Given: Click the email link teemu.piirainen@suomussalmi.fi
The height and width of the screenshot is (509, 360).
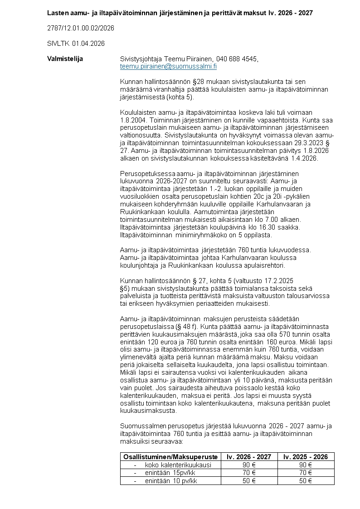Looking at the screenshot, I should pos(168,66).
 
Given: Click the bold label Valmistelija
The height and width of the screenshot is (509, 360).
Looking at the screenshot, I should pos(65,59).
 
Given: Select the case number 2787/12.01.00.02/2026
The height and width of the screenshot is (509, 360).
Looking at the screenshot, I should pos(80,28).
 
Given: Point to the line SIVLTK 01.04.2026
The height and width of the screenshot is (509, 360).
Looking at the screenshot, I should pos(76,44).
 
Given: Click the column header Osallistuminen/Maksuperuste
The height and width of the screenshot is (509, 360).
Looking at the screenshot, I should pos(170,457).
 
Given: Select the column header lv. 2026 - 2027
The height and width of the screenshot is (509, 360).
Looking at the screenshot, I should pos(249,457).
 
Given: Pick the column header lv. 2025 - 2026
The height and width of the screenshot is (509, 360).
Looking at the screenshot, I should pos(306,457).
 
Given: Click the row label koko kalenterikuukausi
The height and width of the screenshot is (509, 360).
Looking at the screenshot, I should pos(178,465).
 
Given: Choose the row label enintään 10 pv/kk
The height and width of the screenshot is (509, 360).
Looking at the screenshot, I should pos(171,481).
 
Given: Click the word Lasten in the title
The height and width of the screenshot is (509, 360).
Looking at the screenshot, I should pos(58,13).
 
